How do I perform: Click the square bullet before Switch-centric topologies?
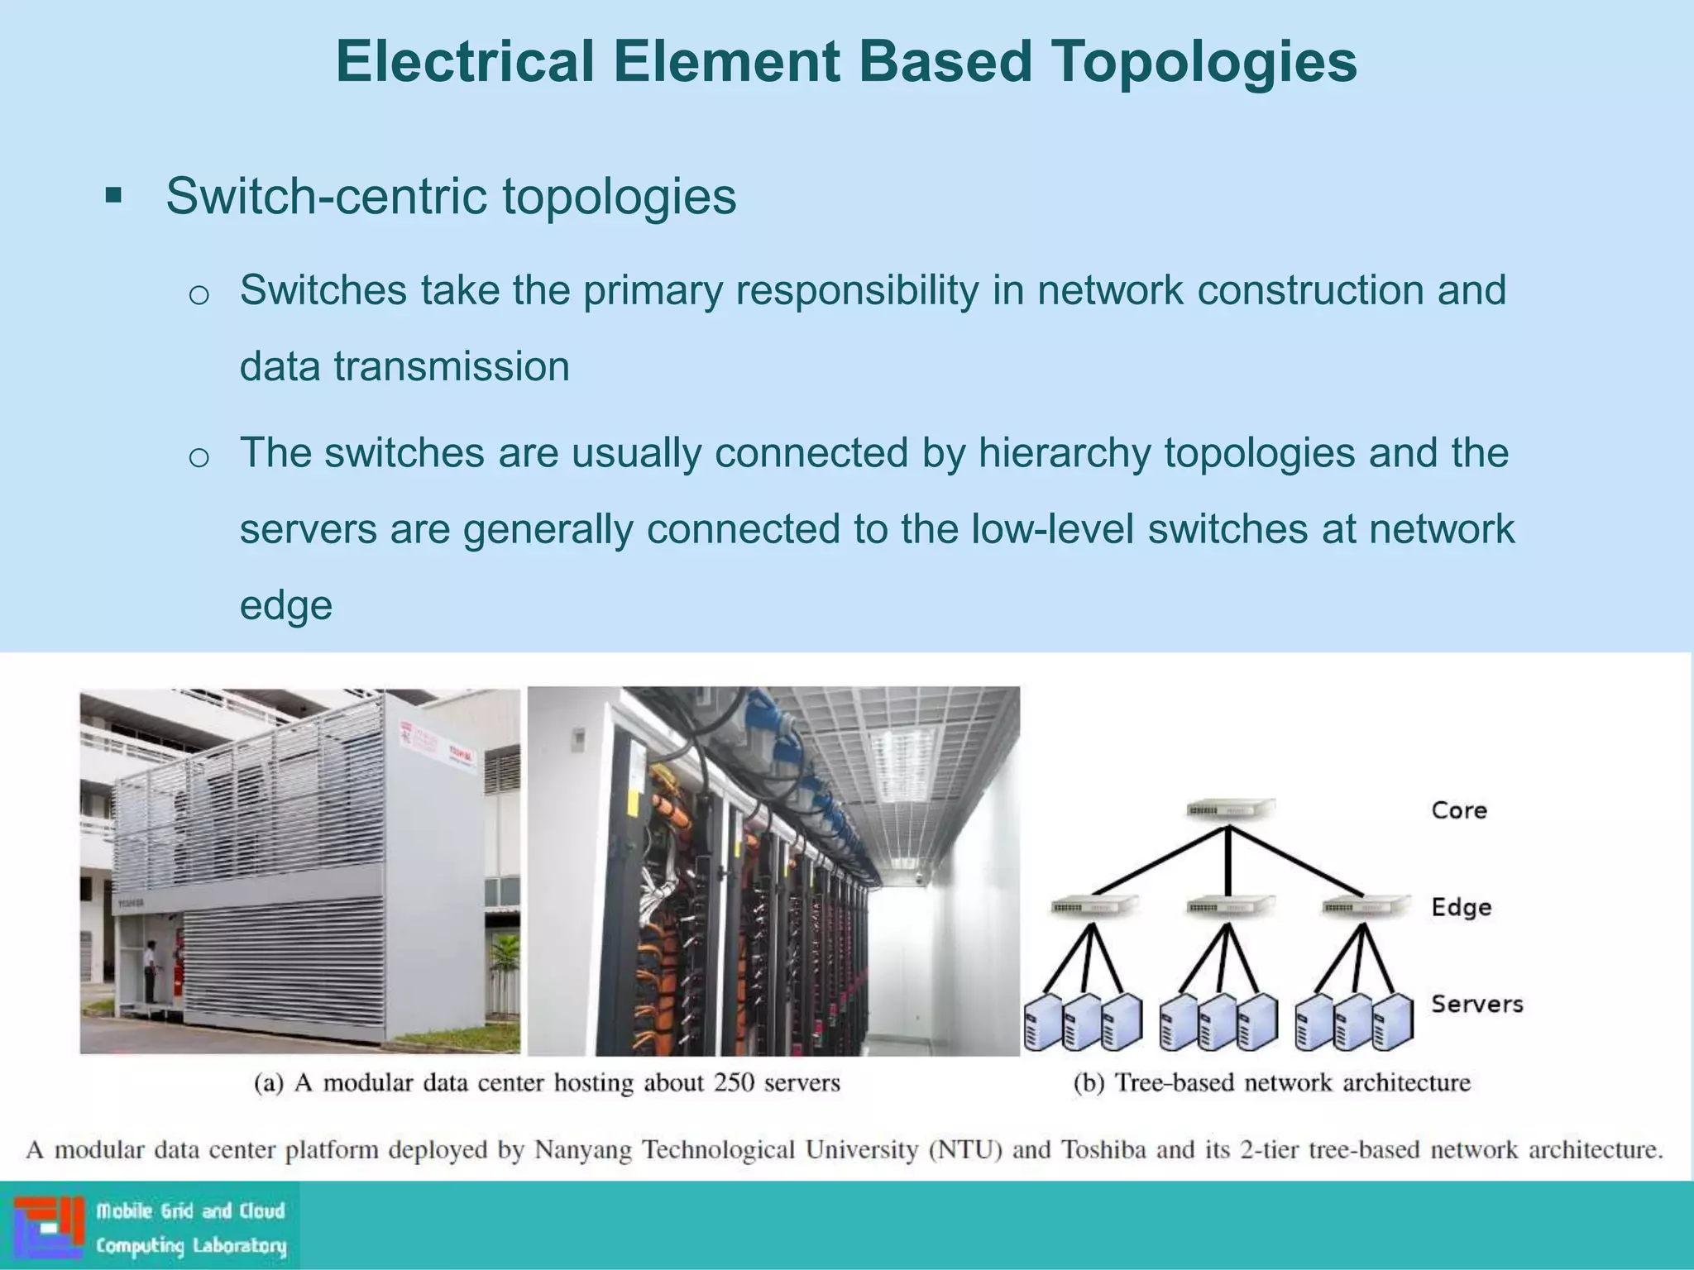coord(113,197)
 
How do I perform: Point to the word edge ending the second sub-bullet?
coord(285,605)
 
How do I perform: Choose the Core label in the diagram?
coord(1459,810)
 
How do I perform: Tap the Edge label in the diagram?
coord(1462,907)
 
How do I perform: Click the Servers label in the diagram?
coord(1476,1004)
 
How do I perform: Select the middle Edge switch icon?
coord(1227,906)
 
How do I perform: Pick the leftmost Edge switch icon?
coord(1093,906)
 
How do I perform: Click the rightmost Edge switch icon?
coord(1366,906)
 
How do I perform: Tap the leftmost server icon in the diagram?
coord(1044,1022)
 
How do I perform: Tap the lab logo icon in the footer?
coord(49,1226)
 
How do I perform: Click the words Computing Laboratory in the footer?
coord(191,1246)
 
